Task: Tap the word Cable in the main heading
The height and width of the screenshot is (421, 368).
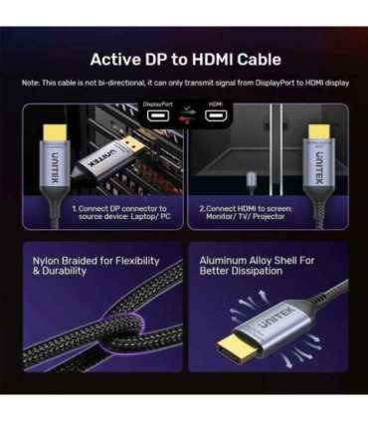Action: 253,60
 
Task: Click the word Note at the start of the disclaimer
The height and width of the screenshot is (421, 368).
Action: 31,83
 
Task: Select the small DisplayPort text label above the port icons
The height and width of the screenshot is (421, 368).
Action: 157,103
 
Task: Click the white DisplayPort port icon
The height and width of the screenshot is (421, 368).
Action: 157,115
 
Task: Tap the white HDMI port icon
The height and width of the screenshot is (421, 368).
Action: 214,115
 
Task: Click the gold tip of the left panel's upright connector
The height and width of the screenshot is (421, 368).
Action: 53,129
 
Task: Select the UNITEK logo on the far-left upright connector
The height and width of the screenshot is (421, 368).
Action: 53,158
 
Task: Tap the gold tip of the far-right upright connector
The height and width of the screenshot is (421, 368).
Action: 320,129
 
